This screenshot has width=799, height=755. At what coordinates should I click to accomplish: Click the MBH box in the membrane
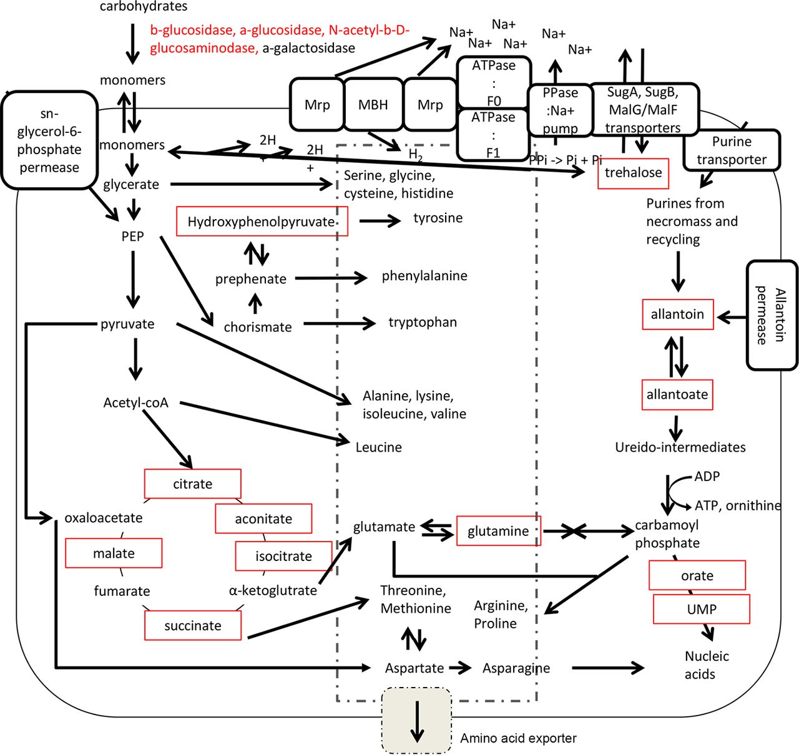(373, 105)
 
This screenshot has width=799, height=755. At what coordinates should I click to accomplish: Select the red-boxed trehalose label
(633, 173)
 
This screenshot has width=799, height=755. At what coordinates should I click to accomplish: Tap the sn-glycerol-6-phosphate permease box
(49, 140)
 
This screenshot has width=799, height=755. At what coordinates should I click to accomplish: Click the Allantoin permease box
(772, 315)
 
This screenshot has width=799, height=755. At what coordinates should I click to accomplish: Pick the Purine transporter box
(731, 150)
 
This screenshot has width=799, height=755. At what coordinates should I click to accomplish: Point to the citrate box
(192, 484)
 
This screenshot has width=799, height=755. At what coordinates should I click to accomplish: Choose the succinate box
(192, 625)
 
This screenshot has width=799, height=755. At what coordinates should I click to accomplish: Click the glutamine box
(498, 531)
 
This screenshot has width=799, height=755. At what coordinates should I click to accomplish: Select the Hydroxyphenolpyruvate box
(262, 222)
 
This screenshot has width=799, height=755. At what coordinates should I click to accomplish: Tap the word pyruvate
(127, 324)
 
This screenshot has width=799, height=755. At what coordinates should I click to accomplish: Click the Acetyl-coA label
(135, 402)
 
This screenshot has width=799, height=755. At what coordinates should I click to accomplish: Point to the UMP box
(701, 609)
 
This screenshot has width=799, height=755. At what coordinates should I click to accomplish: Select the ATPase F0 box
(494, 82)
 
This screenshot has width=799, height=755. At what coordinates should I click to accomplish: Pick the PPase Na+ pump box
(560, 110)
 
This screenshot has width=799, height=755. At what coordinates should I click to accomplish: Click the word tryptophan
(423, 322)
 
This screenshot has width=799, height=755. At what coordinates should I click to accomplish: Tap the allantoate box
(677, 394)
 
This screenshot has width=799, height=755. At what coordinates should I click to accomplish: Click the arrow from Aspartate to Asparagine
(461, 668)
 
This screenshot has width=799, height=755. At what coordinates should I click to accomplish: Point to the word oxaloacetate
(104, 517)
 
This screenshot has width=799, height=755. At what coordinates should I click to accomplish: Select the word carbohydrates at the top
(144, 7)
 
